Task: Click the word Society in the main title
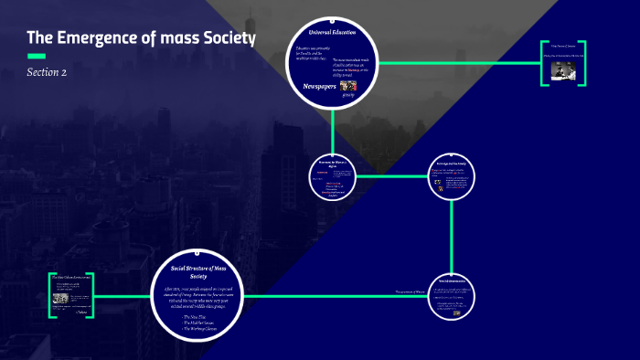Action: pos(226,38)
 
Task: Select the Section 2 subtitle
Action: pos(47,72)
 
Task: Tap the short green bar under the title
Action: pos(37,57)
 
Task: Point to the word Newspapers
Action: pos(319,85)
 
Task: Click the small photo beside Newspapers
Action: pos(347,87)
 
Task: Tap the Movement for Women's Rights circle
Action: pos(337,176)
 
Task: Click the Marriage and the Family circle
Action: pos(453,176)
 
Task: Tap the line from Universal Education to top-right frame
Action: pos(457,63)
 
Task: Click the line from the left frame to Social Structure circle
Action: pos(123,295)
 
